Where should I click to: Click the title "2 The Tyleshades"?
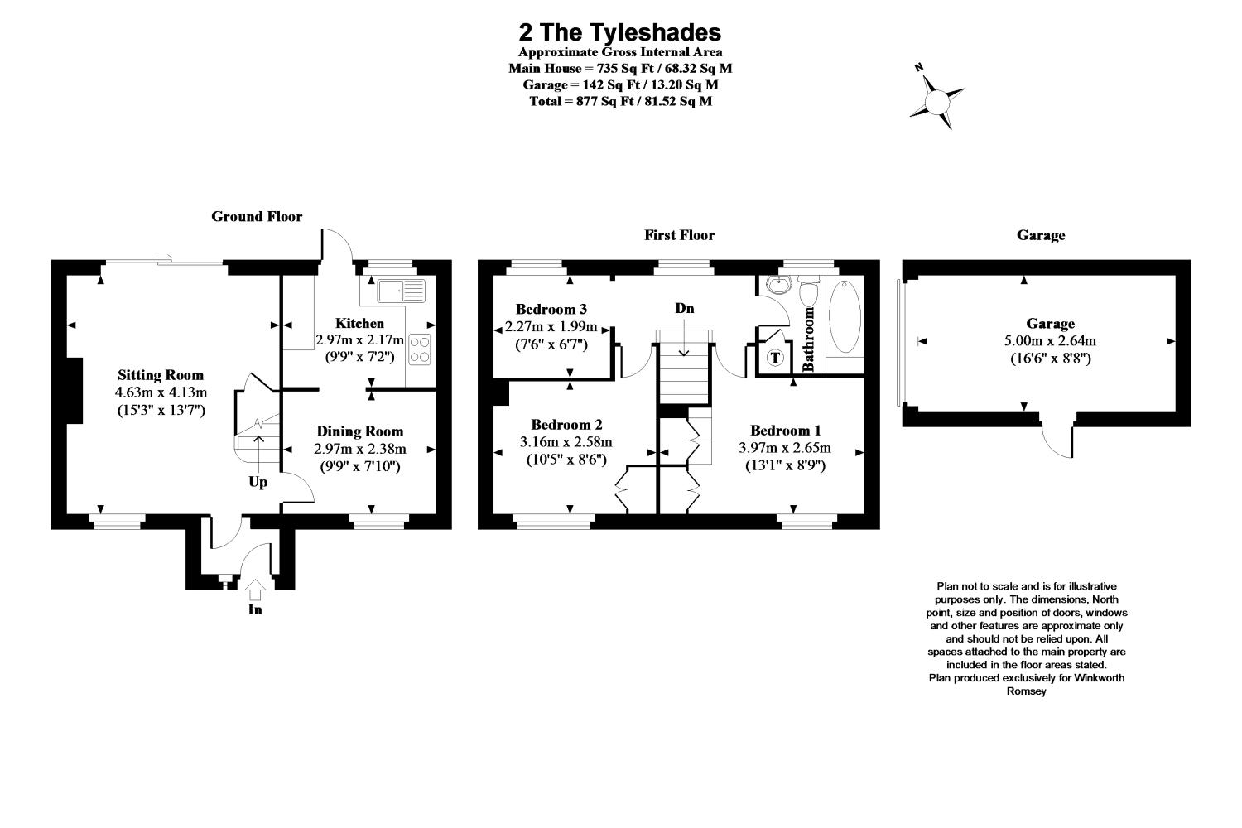click(x=619, y=32)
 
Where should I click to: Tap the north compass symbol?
click(x=937, y=101)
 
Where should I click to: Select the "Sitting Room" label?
click(x=161, y=375)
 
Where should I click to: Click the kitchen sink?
click(x=399, y=290)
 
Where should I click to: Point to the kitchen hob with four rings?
click(x=420, y=349)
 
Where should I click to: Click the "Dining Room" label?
click(x=360, y=431)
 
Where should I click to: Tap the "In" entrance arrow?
click(x=255, y=590)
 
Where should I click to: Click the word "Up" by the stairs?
click(x=258, y=482)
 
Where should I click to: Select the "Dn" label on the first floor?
click(x=684, y=309)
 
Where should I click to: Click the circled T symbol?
click(x=776, y=358)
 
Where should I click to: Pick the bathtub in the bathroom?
click(x=845, y=318)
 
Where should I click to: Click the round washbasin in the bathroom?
click(x=777, y=286)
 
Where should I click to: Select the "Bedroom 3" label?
click(x=551, y=309)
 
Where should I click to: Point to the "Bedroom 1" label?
click(x=785, y=431)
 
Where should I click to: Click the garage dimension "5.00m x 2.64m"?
click(x=1050, y=341)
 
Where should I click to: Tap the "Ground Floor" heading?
click(x=257, y=217)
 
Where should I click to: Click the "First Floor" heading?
click(x=679, y=235)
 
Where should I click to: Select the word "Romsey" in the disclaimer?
click(x=1026, y=691)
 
